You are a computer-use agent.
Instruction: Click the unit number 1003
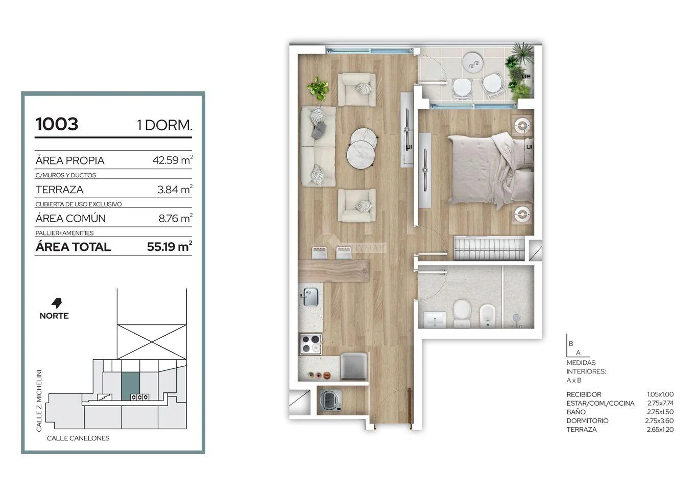click(57, 124)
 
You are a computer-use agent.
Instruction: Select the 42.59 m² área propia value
click(173, 160)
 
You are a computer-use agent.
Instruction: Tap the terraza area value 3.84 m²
click(175, 189)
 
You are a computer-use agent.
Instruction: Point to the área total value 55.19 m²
click(170, 246)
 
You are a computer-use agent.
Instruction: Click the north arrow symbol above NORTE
click(56, 303)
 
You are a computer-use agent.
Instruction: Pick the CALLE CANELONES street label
click(78, 438)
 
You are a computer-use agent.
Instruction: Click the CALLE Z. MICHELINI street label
click(39, 401)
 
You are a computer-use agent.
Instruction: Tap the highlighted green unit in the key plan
click(130, 386)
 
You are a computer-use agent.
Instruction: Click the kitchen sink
click(310, 297)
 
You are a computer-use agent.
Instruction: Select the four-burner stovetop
click(310, 344)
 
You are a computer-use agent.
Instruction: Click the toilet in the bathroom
click(462, 313)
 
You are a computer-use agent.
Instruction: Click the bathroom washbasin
click(435, 319)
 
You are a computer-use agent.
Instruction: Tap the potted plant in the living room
click(318, 88)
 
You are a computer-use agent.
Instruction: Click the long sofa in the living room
click(318, 146)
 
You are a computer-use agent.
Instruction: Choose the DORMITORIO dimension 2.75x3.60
click(659, 421)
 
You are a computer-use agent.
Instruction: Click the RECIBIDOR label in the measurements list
click(584, 394)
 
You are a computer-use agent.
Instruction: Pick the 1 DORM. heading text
click(164, 125)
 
